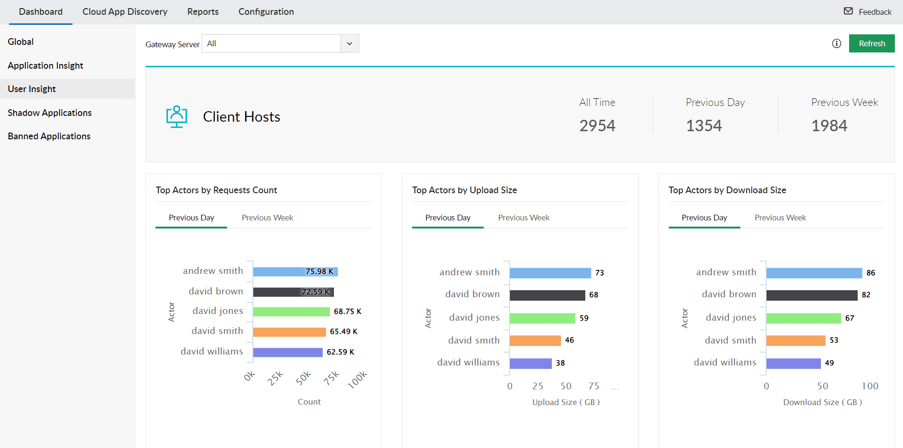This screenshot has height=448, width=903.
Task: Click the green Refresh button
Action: (872, 43)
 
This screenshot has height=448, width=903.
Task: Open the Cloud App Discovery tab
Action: (125, 12)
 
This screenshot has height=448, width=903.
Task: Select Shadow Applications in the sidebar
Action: (50, 113)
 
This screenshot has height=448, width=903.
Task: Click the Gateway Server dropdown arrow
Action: (350, 43)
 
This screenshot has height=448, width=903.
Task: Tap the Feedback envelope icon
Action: (848, 11)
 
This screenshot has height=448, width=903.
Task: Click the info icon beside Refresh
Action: (836, 43)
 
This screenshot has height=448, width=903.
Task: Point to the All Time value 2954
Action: (597, 125)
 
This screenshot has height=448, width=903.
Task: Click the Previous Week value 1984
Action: (829, 125)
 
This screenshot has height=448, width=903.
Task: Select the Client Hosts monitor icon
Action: (176, 116)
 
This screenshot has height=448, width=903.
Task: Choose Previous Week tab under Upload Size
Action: (524, 218)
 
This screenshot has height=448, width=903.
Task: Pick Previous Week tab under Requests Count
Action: (267, 218)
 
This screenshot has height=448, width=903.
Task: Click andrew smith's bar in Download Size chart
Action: (814, 273)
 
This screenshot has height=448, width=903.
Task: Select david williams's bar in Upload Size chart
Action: (530, 363)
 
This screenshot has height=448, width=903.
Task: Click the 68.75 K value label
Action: (347, 312)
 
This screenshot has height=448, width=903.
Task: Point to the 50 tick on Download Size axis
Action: (822, 386)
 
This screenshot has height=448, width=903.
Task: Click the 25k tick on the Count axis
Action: (275, 378)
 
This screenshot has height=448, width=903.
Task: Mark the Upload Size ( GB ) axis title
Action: (566, 402)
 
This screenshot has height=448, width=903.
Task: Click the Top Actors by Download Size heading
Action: (727, 190)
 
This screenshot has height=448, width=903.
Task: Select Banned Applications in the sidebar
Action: (49, 136)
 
